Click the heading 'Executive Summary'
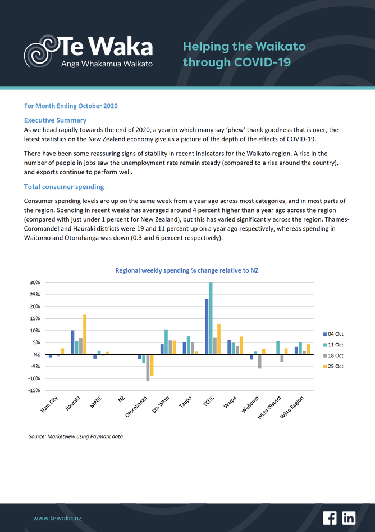click(55, 120)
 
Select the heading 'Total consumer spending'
click(64, 187)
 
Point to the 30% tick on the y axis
click(34, 283)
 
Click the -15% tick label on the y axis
click(33, 390)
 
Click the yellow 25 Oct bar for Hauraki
click(85, 334)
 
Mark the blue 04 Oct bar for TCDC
click(207, 326)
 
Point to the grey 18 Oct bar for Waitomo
click(260, 361)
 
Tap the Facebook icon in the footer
click(330, 517)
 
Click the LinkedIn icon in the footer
click(349, 517)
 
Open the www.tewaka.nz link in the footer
click(57, 518)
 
